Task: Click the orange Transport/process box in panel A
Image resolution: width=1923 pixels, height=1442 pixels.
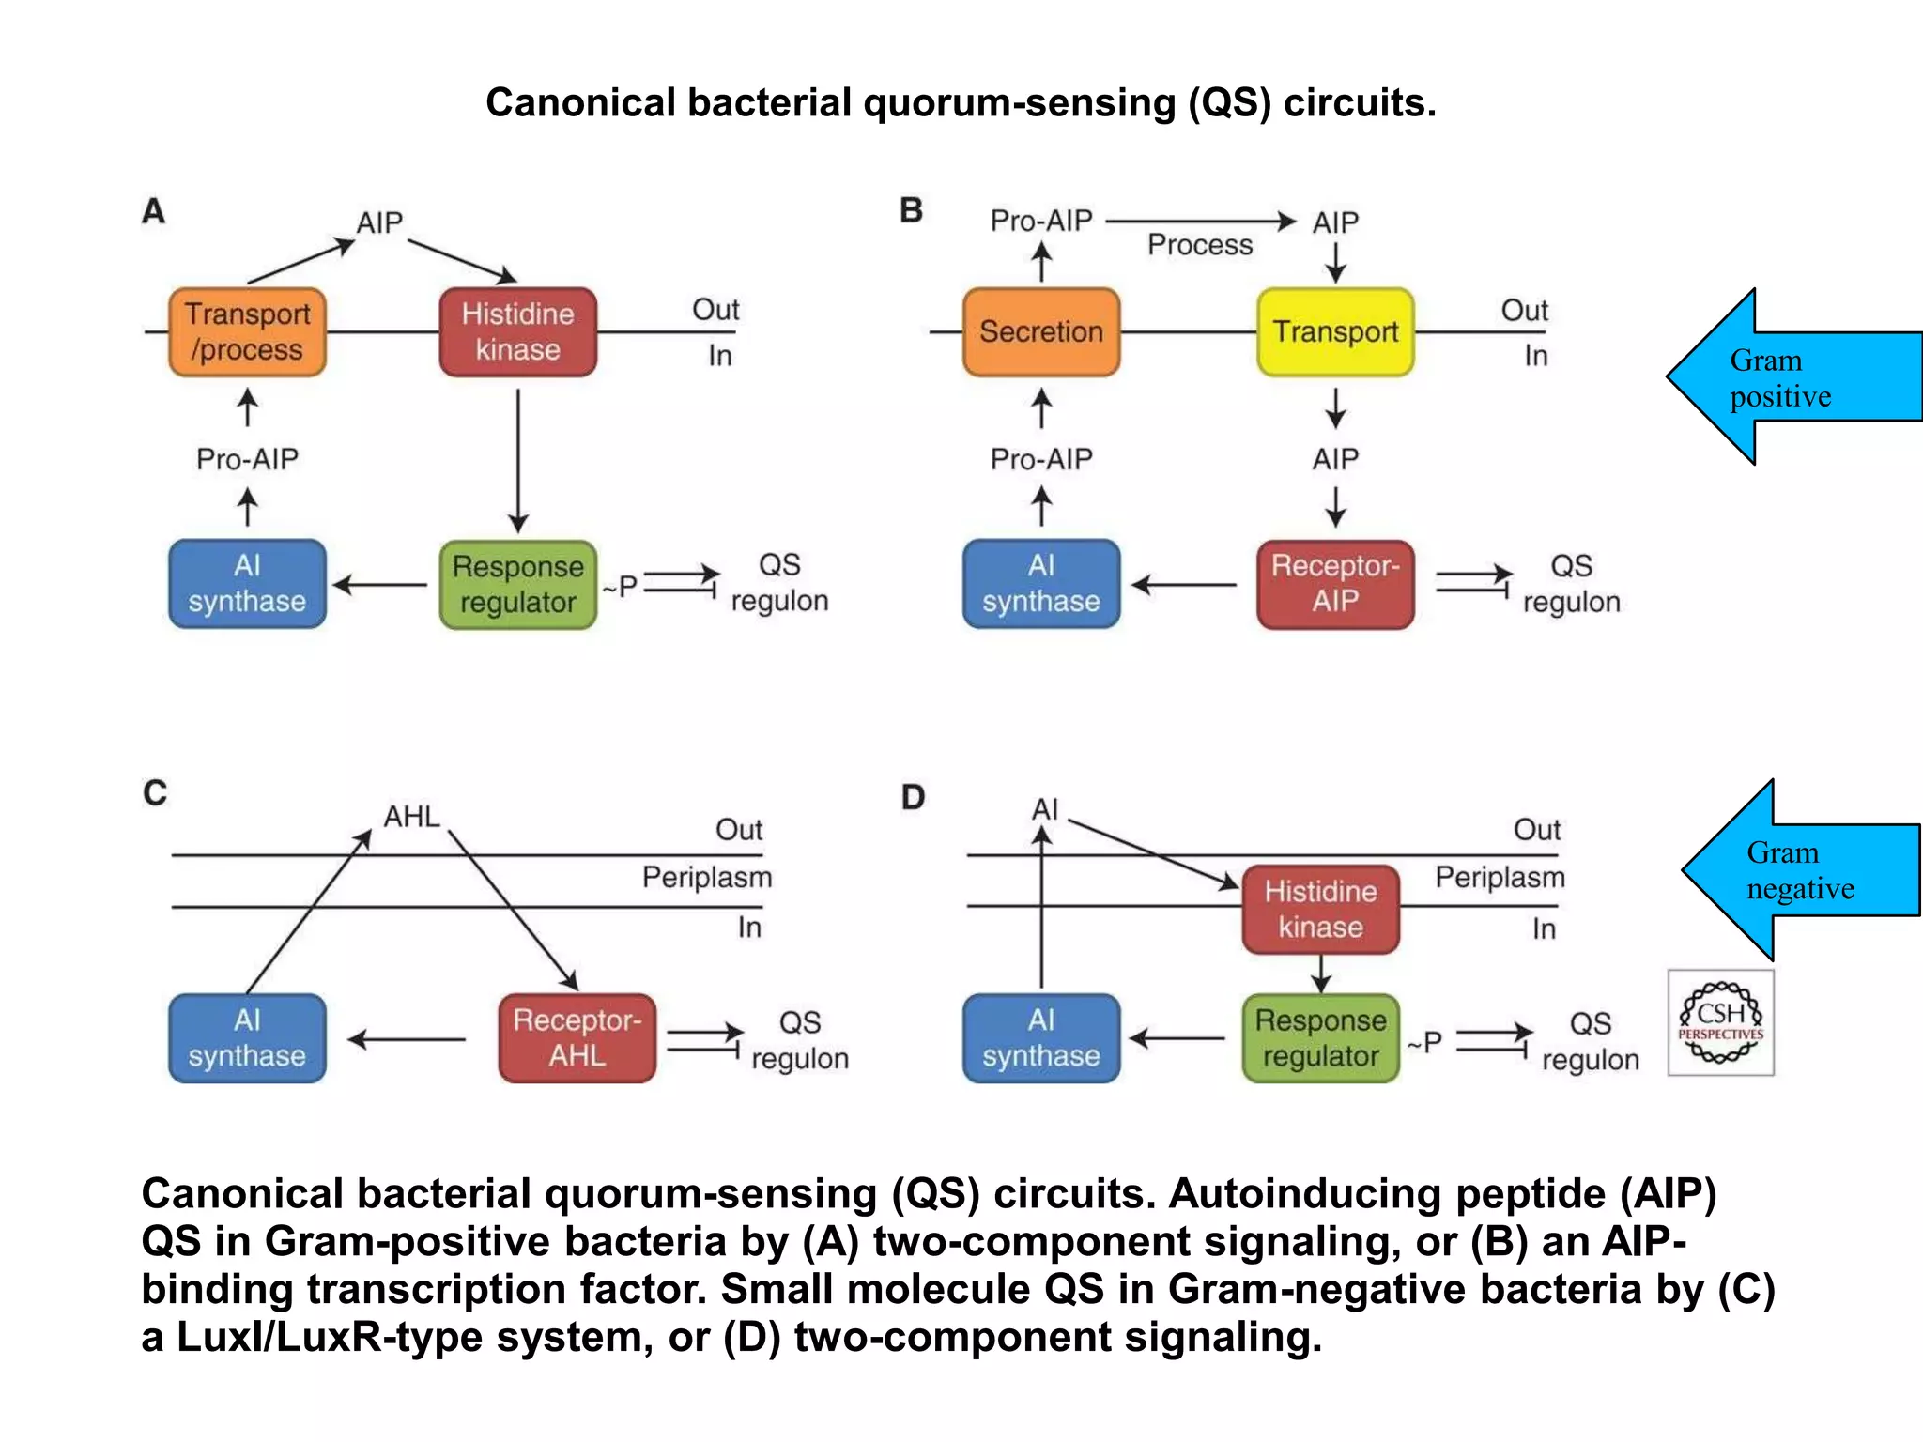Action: [x=247, y=332]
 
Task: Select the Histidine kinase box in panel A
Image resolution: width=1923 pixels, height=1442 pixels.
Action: [x=517, y=332]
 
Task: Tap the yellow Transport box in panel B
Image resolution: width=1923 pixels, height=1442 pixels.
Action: [x=1334, y=332]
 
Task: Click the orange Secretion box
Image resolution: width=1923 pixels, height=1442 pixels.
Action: [x=1040, y=332]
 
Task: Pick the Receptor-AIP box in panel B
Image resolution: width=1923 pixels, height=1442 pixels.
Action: [x=1334, y=583]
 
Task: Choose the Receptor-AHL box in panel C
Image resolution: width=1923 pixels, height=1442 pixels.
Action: [x=577, y=1037]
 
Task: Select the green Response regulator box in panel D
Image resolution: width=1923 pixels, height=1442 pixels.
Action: [x=1320, y=1037]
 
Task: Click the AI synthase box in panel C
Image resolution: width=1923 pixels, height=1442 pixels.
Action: [x=247, y=1037]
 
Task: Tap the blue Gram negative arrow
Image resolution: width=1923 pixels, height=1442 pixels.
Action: [x=1793, y=870]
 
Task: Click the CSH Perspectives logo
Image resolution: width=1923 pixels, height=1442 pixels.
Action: [x=1720, y=1022]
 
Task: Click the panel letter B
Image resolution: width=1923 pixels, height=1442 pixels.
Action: [x=911, y=210]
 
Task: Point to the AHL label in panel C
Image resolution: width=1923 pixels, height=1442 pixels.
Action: [x=411, y=817]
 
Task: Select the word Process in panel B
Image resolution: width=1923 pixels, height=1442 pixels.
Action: [x=1199, y=245]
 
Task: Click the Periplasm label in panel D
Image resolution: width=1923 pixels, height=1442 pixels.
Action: [x=1500, y=877]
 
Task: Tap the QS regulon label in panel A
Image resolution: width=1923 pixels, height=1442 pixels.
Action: [x=779, y=583]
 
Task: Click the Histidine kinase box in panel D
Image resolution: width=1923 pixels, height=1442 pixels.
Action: [x=1320, y=909]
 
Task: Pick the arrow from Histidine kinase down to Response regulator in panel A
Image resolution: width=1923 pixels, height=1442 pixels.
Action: [x=518, y=460]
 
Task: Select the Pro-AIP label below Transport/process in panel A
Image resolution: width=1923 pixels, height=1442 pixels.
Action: [x=247, y=459]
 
